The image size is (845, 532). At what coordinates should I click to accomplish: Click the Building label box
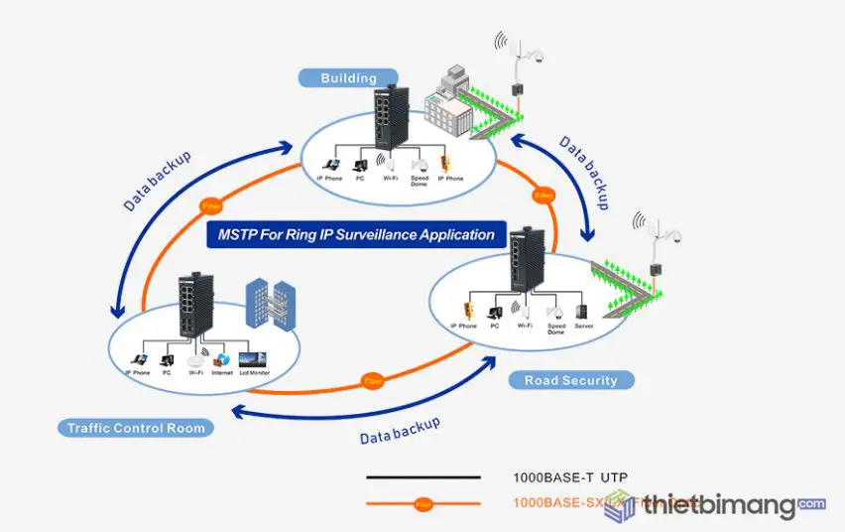tap(348, 77)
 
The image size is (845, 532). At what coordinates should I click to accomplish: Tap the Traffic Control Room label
tap(136, 429)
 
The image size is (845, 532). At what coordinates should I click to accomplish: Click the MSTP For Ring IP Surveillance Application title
tap(355, 235)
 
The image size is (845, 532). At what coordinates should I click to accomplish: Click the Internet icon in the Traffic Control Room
tap(222, 359)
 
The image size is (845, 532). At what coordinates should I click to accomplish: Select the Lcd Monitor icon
tap(252, 359)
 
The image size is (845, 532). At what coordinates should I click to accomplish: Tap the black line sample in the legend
tap(422, 477)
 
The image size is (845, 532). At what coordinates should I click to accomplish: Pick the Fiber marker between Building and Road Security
tap(543, 196)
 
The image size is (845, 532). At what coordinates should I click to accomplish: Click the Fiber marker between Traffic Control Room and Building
tap(210, 206)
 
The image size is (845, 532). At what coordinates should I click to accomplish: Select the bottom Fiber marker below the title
tap(373, 381)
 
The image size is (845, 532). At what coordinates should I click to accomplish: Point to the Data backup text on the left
tap(158, 182)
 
